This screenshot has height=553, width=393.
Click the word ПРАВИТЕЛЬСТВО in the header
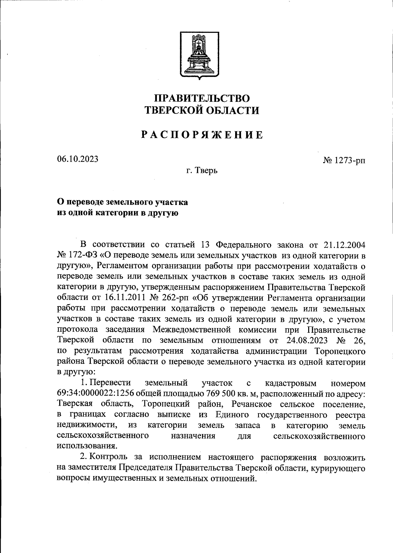pyautogui.click(x=202, y=98)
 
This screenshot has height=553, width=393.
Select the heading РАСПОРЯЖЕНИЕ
pyautogui.click(x=202, y=135)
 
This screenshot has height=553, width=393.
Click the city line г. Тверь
pyautogui.click(x=202, y=170)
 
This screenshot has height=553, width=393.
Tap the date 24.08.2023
pyautogui.click(x=307, y=340)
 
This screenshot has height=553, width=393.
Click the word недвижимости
pyautogui.click(x=86, y=425)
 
